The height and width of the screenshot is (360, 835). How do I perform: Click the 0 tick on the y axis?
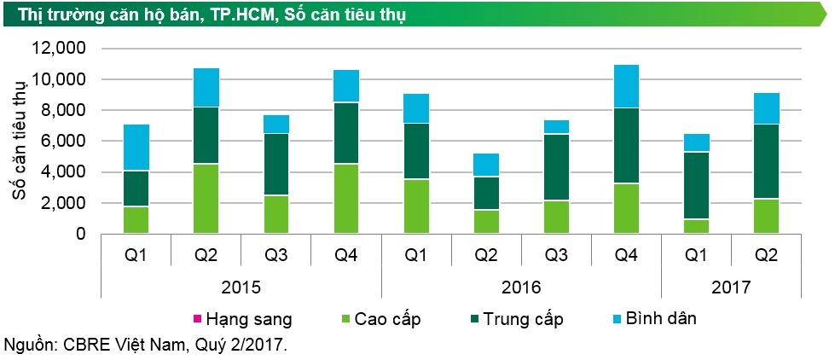tap(80, 234)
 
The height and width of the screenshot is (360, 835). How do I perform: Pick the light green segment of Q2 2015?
tap(206, 198)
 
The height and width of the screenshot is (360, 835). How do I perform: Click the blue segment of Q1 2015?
tap(136, 148)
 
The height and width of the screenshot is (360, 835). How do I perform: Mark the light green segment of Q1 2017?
tap(696, 226)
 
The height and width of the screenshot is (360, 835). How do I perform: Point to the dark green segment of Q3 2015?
tap(276, 165)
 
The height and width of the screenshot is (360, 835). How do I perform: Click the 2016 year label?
tap(520, 287)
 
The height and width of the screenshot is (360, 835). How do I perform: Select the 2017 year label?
tap(730, 287)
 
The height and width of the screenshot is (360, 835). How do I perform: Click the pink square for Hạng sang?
tap(197, 320)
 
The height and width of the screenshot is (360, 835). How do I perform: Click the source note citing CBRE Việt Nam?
tap(146, 345)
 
